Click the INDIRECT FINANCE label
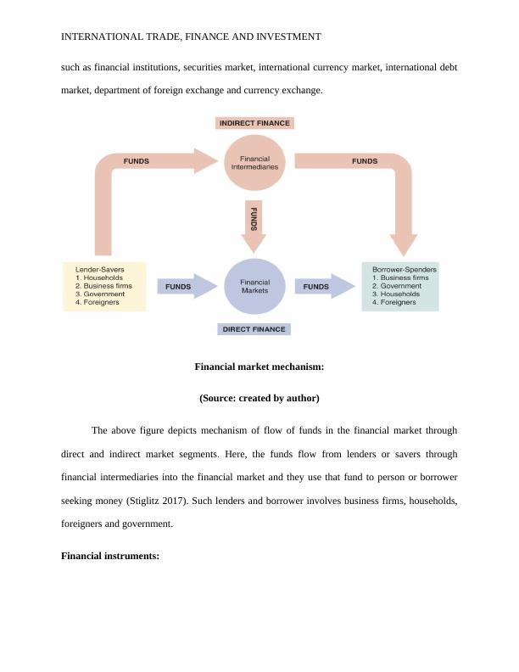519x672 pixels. pyautogui.click(x=254, y=123)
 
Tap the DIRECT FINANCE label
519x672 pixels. pyautogui.click(x=254, y=328)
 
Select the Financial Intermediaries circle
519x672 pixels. pyautogui.click(x=255, y=163)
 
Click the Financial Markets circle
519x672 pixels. pyautogui.click(x=255, y=287)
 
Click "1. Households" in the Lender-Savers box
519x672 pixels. pyautogui.click(x=99, y=278)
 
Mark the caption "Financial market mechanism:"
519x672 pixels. pyautogui.click(x=259, y=367)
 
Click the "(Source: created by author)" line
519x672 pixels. pyautogui.click(x=259, y=397)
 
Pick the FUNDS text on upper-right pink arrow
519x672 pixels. pyautogui.click(x=365, y=161)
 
